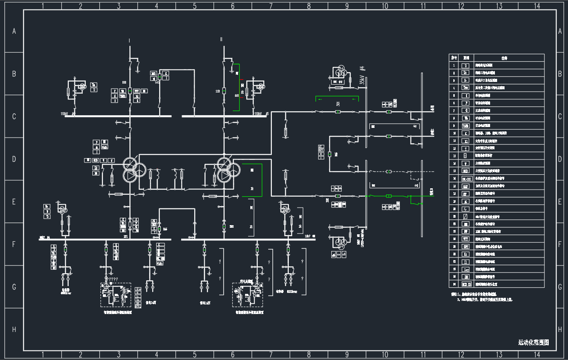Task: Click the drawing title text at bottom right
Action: pos(533,342)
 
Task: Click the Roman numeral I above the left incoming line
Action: pos(130,41)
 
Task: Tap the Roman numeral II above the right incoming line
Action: pos(221,39)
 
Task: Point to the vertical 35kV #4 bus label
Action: pos(362,75)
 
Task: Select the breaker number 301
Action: pos(338,104)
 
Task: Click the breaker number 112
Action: pos(217,91)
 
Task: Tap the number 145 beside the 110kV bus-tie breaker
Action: pos(157,82)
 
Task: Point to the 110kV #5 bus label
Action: pos(261,114)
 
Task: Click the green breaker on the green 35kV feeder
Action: pos(388,196)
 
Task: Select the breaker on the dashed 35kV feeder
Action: pos(388,171)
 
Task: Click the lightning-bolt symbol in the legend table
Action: pos(466,209)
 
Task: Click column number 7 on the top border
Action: pos(271,6)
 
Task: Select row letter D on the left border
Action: pos(14,159)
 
